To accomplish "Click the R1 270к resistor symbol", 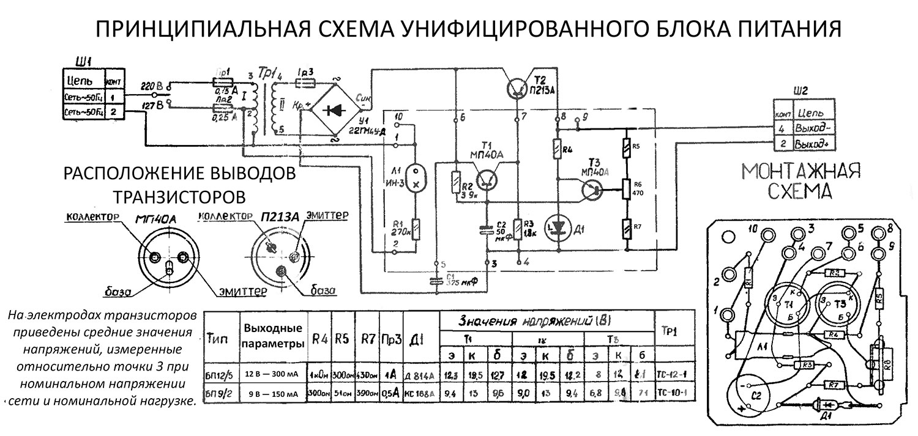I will coord(416,229).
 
